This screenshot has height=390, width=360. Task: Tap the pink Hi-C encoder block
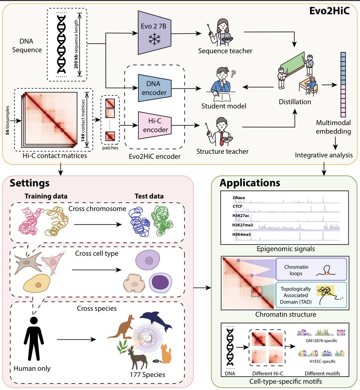154,125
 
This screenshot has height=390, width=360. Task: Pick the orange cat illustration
166,354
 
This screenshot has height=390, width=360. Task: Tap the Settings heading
30,183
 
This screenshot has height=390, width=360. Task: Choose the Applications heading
250,183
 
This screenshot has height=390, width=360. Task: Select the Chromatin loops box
311,270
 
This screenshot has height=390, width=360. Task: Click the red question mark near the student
233,74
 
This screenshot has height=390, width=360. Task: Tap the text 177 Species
147,375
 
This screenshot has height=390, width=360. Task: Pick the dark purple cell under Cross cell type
160,281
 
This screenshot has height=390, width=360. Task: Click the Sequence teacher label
225,51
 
